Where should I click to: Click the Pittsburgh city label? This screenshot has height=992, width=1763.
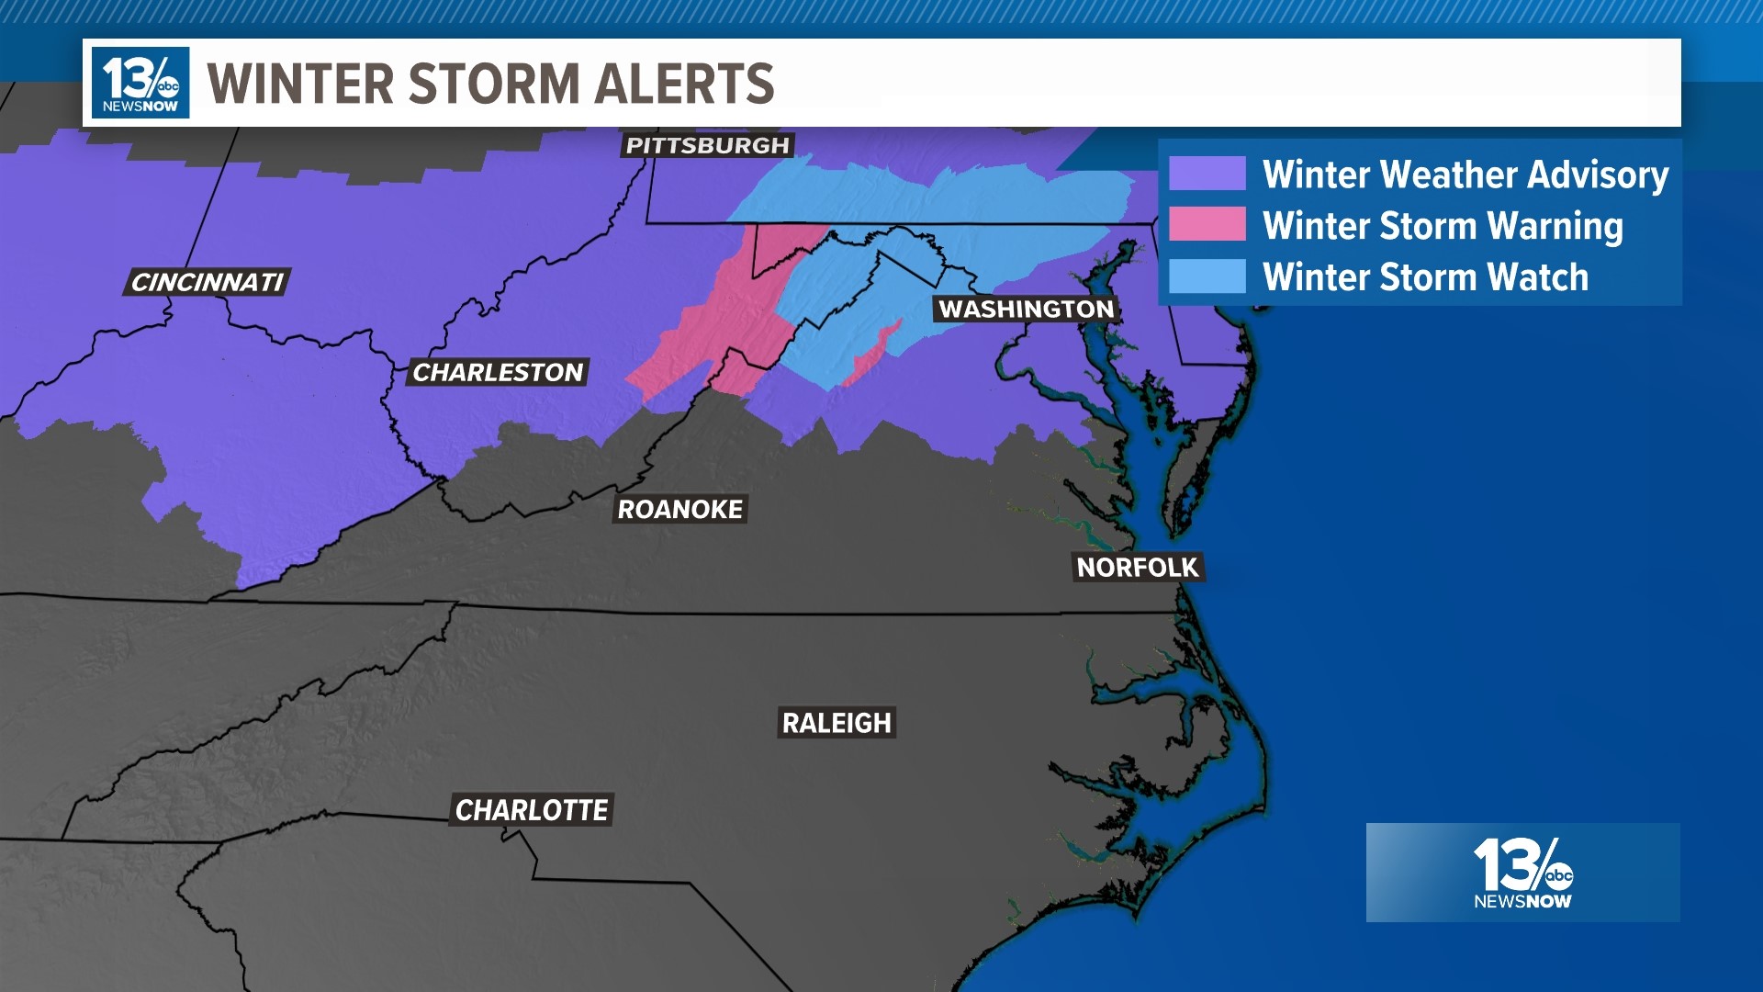coord(707,145)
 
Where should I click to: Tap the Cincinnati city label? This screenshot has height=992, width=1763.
coord(207,282)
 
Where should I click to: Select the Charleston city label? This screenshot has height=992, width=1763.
coord(497,372)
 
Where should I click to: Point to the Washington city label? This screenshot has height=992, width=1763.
coord(1026,310)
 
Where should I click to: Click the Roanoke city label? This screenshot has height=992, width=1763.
coord(679,509)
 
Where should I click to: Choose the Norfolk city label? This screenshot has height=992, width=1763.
coord(1137,568)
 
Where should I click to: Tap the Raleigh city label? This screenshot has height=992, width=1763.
coord(836,723)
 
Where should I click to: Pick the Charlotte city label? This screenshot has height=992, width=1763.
coord(531,810)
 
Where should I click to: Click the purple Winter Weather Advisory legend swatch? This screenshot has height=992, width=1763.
coord(1207,174)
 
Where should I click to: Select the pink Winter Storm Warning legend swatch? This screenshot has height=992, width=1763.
coord(1207,224)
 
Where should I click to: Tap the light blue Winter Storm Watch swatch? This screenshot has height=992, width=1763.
coord(1207,276)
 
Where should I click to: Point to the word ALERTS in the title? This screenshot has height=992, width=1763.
coord(684,84)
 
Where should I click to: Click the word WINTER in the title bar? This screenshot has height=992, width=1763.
coord(301,84)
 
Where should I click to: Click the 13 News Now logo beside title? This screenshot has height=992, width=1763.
coord(140,83)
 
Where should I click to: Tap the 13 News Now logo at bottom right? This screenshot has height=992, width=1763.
coord(1522,873)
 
